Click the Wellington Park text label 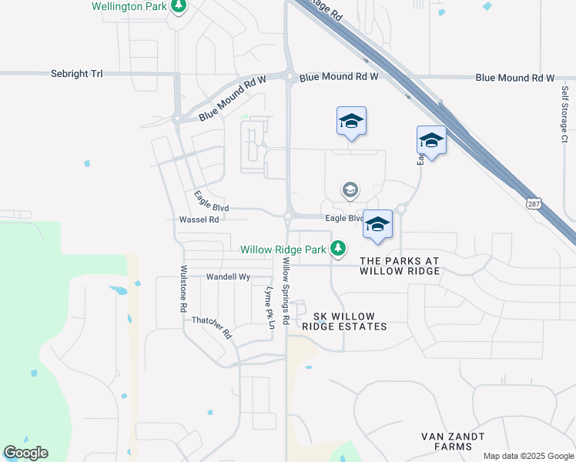click(x=129, y=6)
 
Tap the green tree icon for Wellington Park click(x=179, y=7)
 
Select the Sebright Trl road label click(x=76, y=74)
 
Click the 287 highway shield click(x=533, y=204)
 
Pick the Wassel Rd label click(x=199, y=219)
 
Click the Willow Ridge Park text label click(x=283, y=249)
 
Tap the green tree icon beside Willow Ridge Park click(x=337, y=248)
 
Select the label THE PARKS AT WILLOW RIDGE click(x=400, y=266)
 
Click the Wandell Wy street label click(x=229, y=276)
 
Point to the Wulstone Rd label click(x=183, y=288)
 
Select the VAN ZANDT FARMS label click(x=453, y=441)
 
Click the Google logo click(x=25, y=453)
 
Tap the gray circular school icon click(x=350, y=190)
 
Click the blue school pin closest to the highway click(x=431, y=140)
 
